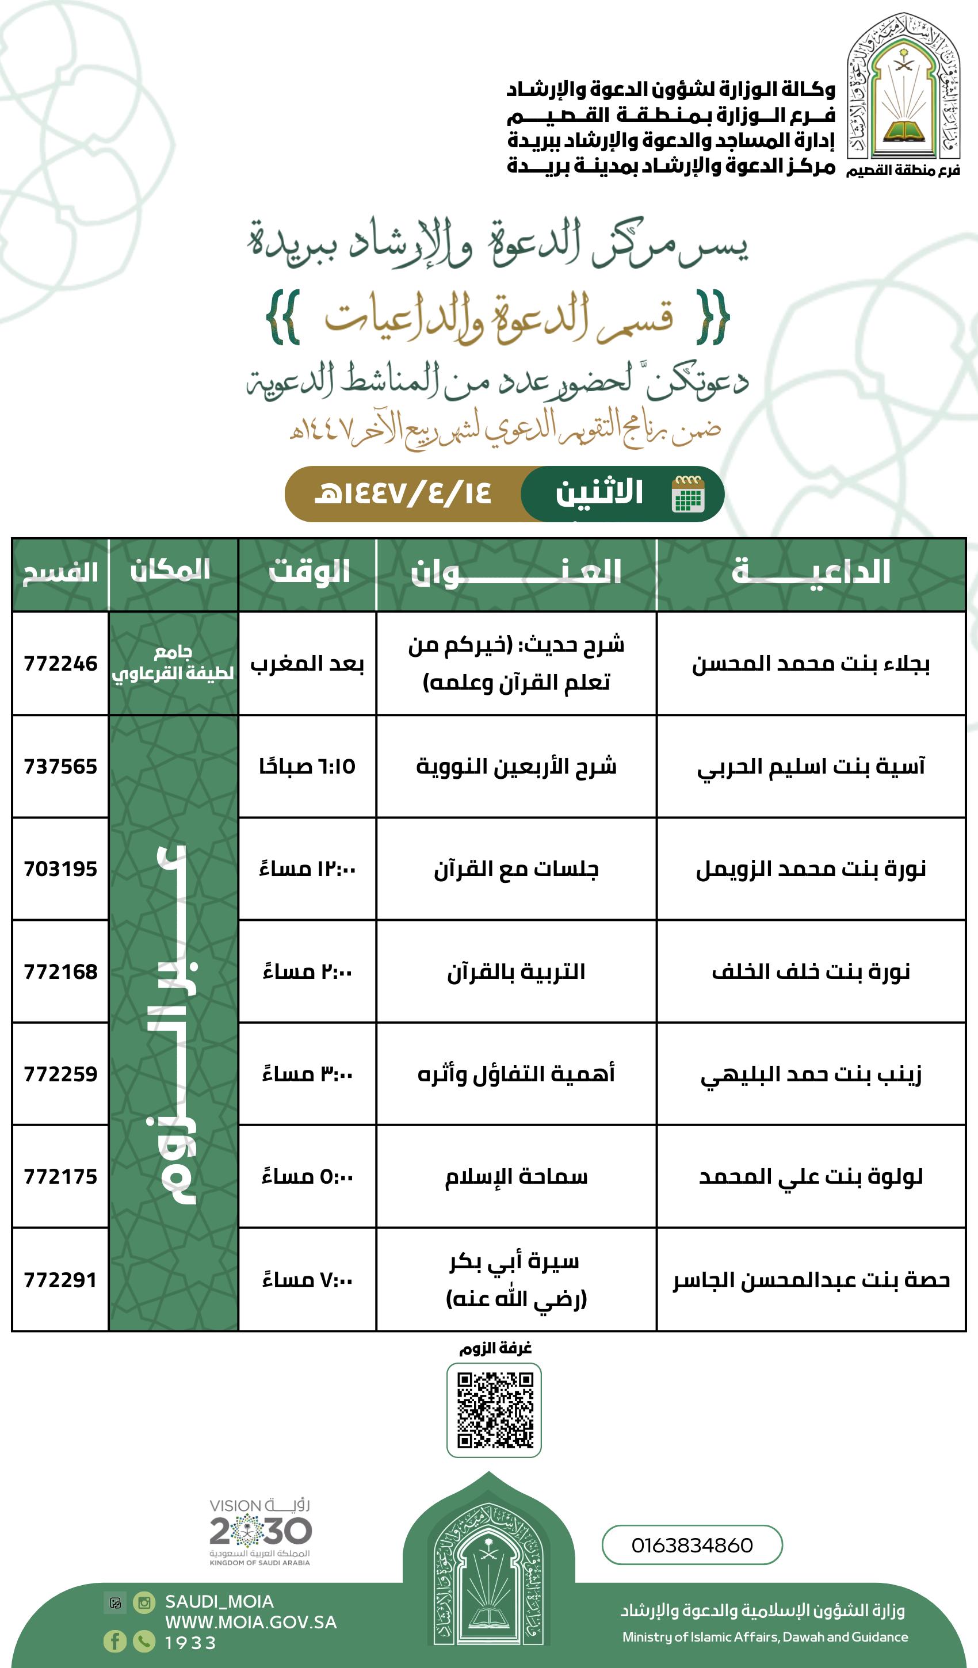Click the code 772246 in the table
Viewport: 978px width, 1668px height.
tap(60, 663)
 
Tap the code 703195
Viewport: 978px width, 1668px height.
tap(60, 869)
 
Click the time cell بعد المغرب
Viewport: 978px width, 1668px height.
tap(307, 664)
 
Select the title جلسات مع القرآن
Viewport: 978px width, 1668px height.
tap(516, 869)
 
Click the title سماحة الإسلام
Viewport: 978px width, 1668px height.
tap(516, 1177)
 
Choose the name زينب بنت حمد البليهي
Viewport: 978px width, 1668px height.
tap(811, 1074)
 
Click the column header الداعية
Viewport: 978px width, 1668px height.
tap(811, 572)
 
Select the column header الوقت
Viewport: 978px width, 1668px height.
tap(308, 572)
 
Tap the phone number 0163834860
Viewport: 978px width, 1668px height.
tap(692, 1545)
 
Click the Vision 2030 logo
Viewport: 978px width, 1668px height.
tap(260, 1532)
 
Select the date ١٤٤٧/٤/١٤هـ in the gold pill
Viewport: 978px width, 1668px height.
tap(403, 493)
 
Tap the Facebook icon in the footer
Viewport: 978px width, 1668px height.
tap(114, 1641)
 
